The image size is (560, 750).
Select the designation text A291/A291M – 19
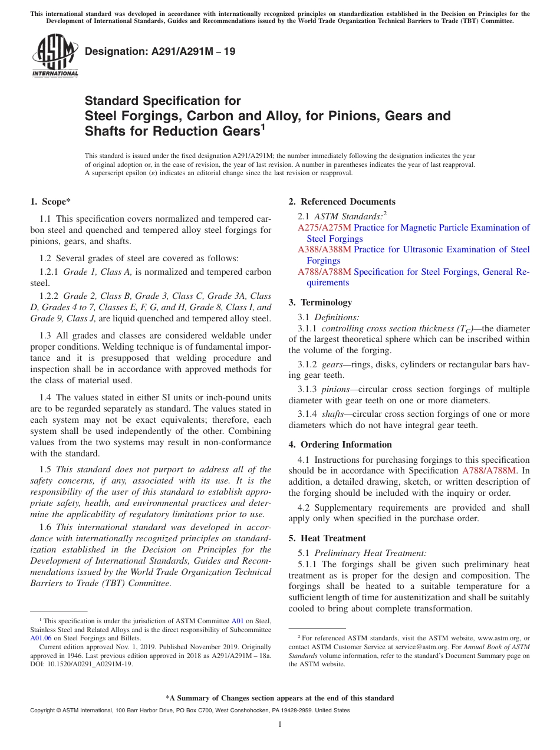point(160,51)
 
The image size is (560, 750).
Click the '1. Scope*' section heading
point(50,202)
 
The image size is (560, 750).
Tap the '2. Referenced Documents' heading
point(342,202)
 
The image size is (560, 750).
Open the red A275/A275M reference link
point(324,228)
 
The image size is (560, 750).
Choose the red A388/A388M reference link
point(324,249)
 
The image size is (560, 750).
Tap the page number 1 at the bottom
point(280,725)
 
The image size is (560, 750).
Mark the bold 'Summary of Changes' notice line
point(280,698)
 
